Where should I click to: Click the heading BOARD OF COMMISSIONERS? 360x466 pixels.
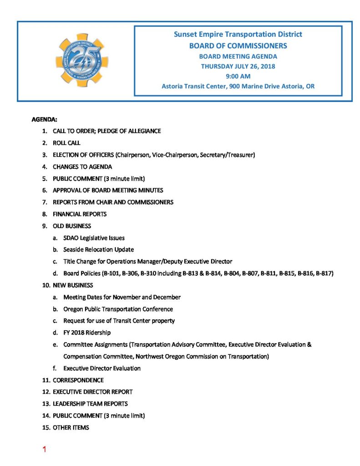click(x=238, y=46)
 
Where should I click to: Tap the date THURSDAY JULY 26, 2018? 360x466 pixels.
click(x=238, y=66)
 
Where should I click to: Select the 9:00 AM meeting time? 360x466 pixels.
click(x=238, y=76)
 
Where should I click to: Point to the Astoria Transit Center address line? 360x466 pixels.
click(x=238, y=86)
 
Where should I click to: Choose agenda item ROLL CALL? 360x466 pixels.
click(x=66, y=143)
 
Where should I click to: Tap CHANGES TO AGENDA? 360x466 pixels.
click(x=82, y=167)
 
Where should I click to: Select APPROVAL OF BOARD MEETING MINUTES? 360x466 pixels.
click(x=107, y=190)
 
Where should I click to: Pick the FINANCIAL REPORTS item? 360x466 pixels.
click(x=79, y=214)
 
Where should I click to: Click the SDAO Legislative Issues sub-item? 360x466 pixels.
click(x=94, y=238)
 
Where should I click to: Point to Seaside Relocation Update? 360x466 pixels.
click(x=98, y=249)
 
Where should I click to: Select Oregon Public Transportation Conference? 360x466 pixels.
click(x=118, y=309)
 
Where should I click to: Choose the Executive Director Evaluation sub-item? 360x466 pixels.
click(x=102, y=368)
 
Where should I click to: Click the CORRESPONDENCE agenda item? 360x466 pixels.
click(x=78, y=380)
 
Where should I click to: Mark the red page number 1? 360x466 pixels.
click(x=44, y=450)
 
